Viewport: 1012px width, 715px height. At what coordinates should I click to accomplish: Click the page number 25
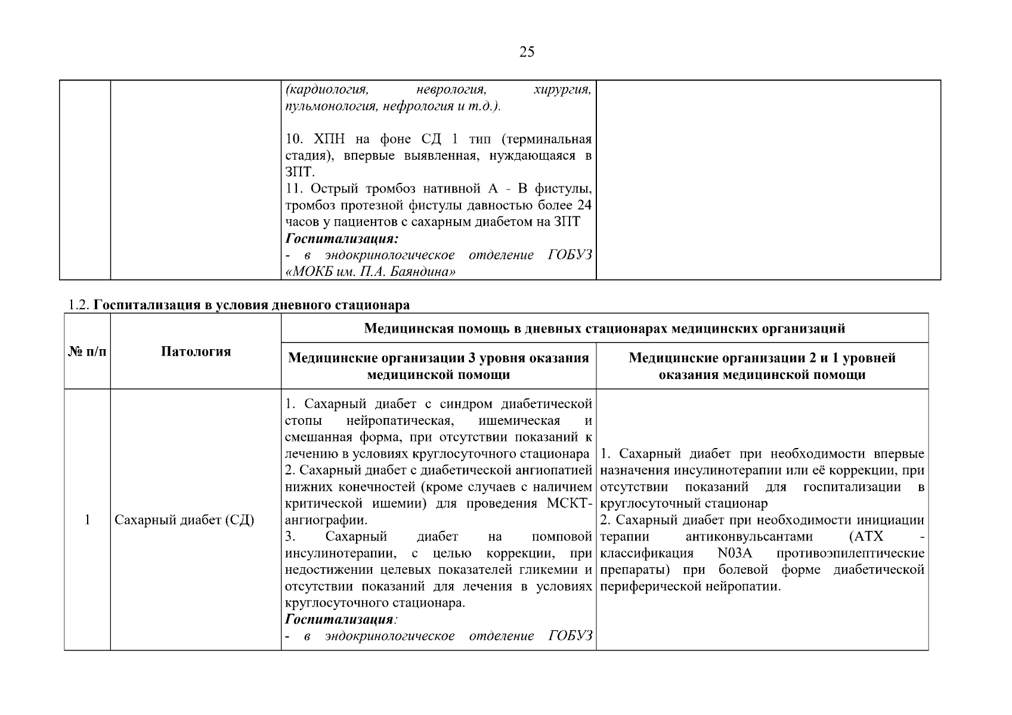coord(527,52)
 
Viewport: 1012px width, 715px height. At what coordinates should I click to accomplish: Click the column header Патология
coord(196,351)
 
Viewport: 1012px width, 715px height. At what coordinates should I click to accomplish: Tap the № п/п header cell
coord(87,351)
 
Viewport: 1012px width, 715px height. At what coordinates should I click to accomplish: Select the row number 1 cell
coord(87,520)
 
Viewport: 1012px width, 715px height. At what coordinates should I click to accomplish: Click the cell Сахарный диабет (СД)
coord(184,520)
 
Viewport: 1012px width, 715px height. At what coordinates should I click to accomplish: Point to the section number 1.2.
coord(79,305)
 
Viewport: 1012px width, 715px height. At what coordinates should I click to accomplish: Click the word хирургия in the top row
coord(562,90)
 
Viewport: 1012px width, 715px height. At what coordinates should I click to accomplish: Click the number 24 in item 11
coord(584,206)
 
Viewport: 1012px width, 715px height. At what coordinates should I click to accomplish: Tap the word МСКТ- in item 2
coord(569,503)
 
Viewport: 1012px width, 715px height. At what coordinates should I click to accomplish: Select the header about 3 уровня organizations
coord(438,366)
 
